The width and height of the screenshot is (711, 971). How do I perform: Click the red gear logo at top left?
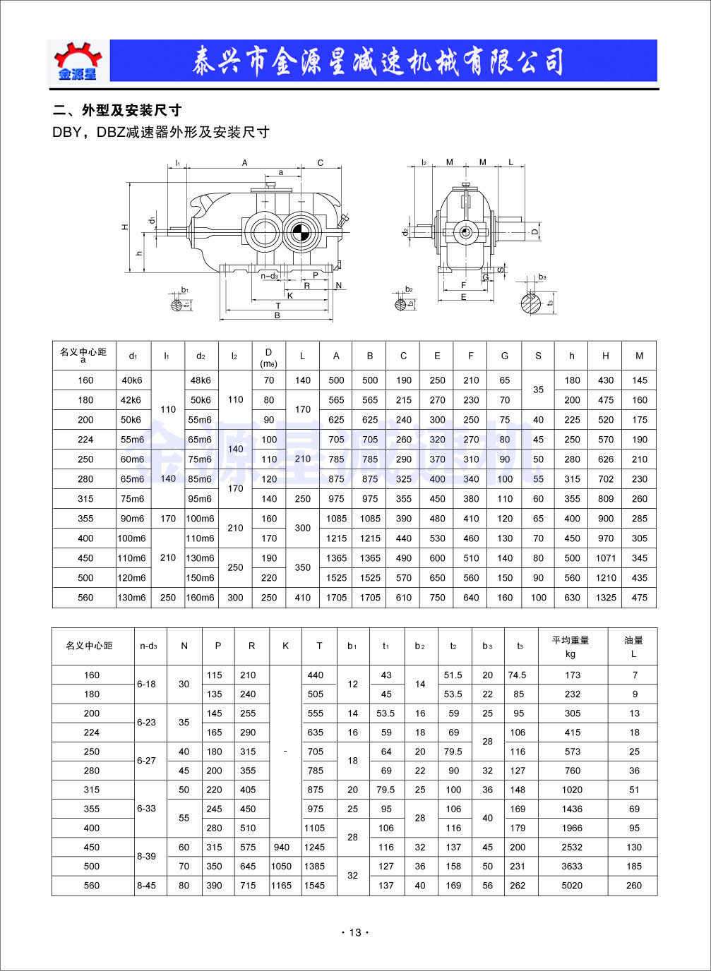click(78, 61)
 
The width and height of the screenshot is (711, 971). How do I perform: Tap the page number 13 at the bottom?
click(355, 932)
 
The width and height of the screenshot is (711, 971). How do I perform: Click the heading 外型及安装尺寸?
click(131, 110)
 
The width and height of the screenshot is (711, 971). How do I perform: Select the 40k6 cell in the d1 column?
click(132, 380)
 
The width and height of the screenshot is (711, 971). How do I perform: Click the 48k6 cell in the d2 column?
click(201, 380)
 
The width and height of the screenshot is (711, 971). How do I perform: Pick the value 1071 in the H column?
click(606, 558)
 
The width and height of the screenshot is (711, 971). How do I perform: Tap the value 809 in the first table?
click(606, 499)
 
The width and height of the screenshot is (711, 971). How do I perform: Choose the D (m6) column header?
click(268, 357)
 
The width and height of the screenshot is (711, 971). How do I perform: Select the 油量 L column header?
click(633, 646)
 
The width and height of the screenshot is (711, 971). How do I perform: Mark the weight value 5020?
click(572, 886)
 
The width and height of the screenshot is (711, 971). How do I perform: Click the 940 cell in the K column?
click(282, 848)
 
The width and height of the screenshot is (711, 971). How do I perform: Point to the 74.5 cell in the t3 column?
click(518, 675)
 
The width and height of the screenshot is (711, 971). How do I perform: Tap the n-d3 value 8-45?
click(147, 886)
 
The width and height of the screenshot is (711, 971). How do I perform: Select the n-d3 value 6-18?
click(147, 684)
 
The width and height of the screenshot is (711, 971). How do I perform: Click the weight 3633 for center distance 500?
click(572, 867)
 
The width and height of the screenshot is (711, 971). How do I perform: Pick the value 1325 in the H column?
click(606, 598)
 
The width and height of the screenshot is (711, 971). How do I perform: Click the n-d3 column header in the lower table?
click(148, 646)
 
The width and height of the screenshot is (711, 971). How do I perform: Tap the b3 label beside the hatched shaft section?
click(542, 277)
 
